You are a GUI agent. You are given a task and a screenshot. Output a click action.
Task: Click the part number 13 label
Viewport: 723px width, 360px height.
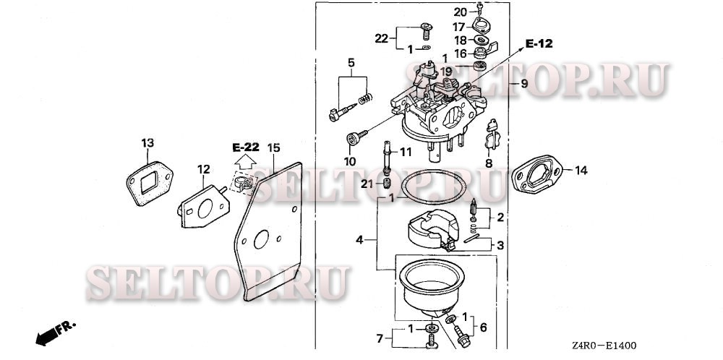pos(147,143)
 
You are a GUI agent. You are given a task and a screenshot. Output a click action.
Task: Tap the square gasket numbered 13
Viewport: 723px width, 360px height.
pos(150,183)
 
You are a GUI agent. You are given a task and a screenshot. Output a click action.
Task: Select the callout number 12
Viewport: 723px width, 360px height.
pos(204,169)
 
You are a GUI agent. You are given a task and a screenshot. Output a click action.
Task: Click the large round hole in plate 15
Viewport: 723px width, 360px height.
pos(261,239)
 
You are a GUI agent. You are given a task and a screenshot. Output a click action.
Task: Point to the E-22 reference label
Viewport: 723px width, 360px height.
pos(245,147)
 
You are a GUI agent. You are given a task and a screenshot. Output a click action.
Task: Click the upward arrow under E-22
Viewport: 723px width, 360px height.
pos(245,161)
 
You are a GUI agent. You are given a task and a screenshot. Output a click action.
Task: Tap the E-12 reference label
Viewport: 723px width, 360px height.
pos(539,44)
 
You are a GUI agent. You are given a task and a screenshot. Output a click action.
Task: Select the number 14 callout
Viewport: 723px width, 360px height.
pos(581,171)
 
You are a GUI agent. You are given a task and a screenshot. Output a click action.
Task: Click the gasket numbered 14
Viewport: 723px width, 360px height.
pos(537,173)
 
